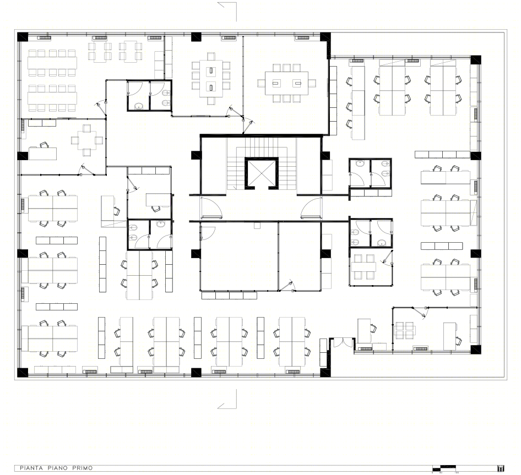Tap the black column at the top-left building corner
coord(23,37)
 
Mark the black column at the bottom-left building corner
coord(23,372)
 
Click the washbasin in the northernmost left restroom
coord(139,105)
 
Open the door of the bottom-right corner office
coord(423,313)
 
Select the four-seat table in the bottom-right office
coord(405,330)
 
